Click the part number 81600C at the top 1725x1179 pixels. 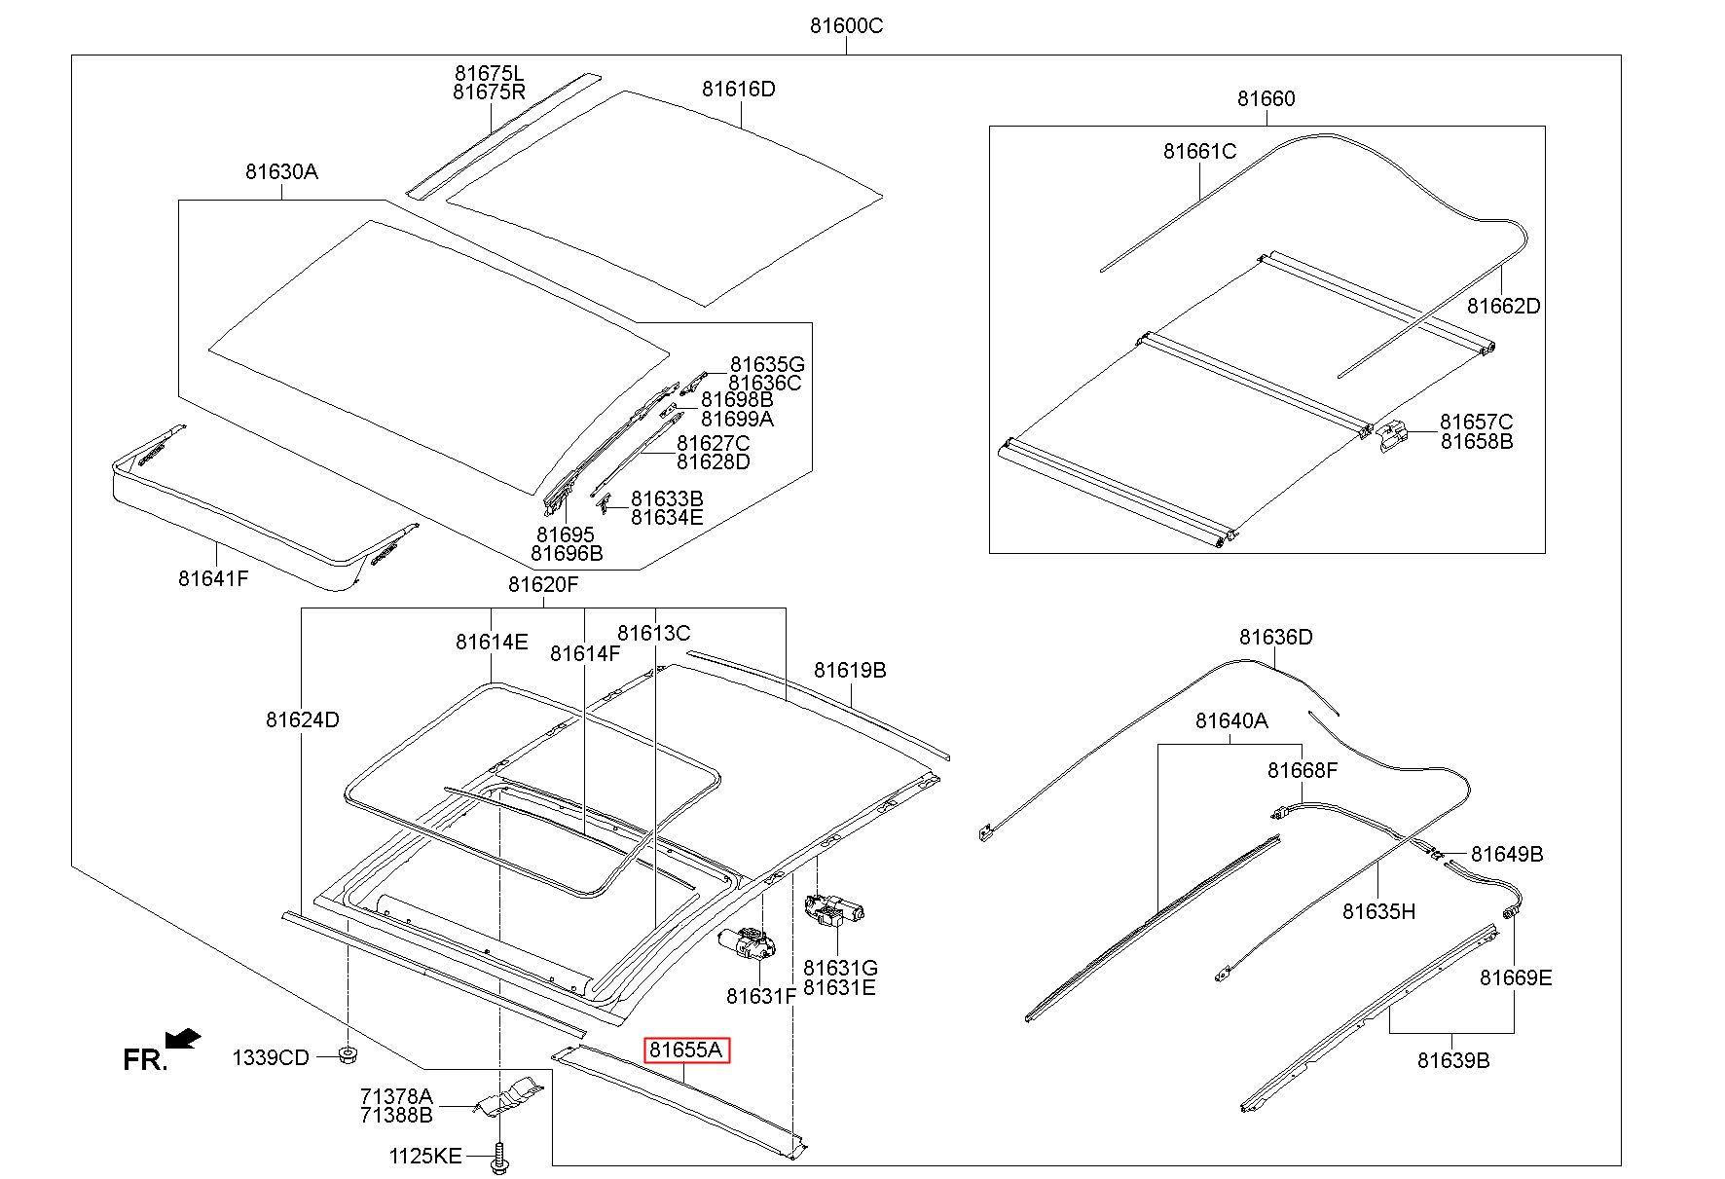846,26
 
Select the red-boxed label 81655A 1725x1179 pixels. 687,1050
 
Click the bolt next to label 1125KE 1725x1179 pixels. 500,1158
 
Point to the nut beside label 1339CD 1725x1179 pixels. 346,1055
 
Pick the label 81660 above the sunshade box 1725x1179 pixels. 1266,98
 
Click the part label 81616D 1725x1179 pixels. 739,90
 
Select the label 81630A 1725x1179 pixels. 281,172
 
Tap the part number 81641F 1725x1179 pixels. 213,578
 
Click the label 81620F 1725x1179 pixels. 543,585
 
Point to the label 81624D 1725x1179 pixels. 302,720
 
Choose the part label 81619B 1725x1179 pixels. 850,671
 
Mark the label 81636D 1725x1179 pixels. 1275,638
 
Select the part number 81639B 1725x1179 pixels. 1452,1060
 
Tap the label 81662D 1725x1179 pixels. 1504,306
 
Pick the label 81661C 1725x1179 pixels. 1199,152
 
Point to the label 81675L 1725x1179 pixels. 489,73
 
